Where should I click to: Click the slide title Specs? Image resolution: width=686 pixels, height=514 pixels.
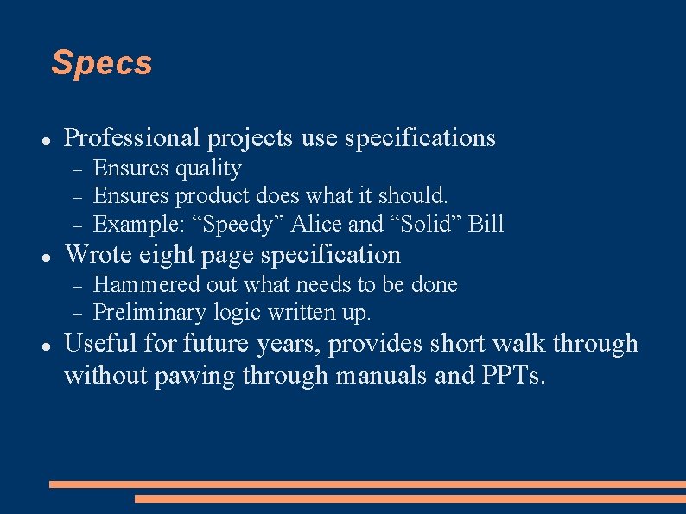click(x=101, y=63)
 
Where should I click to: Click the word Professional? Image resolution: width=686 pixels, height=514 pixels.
click(x=131, y=137)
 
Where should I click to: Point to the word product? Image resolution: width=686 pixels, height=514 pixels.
click(x=207, y=196)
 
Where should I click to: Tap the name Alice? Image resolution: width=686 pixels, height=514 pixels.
click(x=316, y=224)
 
